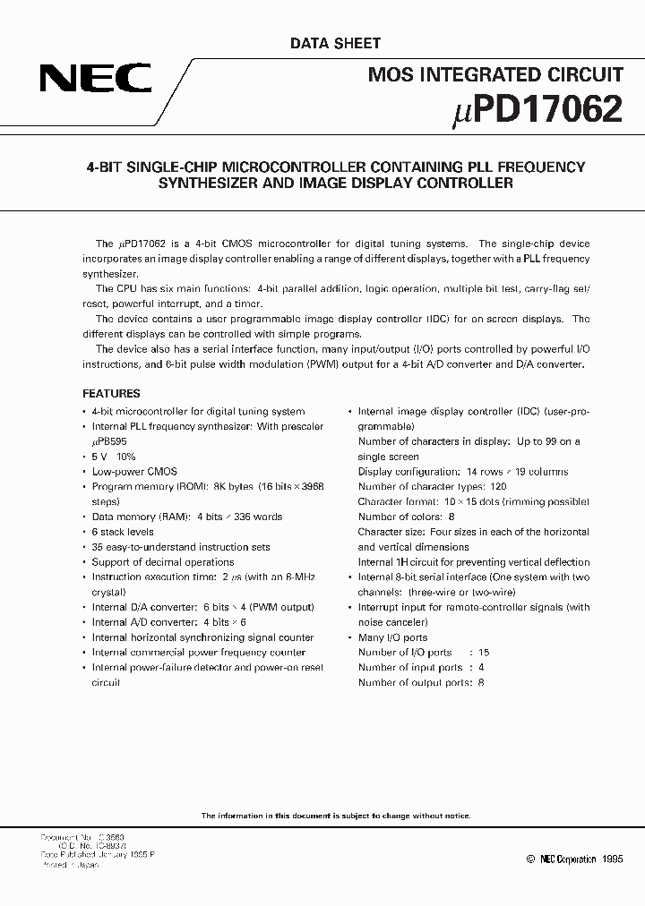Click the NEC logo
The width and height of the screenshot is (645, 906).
point(94,81)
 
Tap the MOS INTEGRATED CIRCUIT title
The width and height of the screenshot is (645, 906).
point(495,75)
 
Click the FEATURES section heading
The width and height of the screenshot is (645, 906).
point(111,393)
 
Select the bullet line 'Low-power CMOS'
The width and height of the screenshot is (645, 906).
point(134,472)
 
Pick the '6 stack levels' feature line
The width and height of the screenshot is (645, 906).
point(124,532)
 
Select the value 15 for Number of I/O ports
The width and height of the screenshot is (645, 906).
point(485,653)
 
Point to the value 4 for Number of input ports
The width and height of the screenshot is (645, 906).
point(481,668)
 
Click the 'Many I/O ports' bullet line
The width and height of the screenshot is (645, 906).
point(392,637)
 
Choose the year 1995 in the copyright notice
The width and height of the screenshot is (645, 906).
point(608,859)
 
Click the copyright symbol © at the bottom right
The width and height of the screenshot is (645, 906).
point(519,859)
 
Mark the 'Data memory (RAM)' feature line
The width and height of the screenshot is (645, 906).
point(187,517)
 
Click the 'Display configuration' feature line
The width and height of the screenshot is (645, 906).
point(462,472)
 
